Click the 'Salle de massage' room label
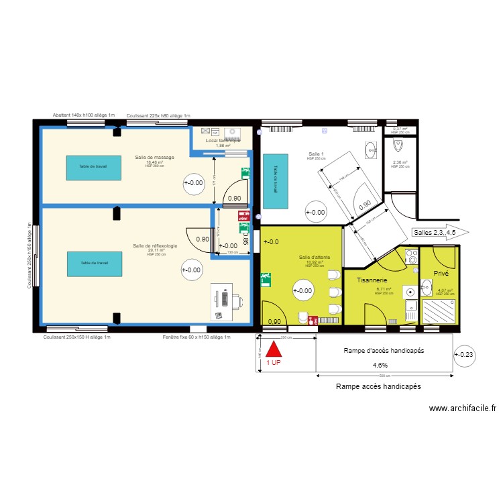click(x=154, y=158)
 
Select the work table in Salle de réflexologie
click(x=94, y=263)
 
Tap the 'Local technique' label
click(x=223, y=141)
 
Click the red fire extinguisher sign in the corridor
click(x=243, y=217)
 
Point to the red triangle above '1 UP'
click(x=274, y=350)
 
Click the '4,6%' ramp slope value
click(x=380, y=366)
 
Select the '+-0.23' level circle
click(x=464, y=356)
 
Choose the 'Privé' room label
click(x=441, y=274)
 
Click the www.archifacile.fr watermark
click(x=462, y=408)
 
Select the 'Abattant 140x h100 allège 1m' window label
click(x=84, y=115)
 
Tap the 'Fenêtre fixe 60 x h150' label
click(x=197, y=337)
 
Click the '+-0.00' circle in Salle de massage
click(x=193, y=182)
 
